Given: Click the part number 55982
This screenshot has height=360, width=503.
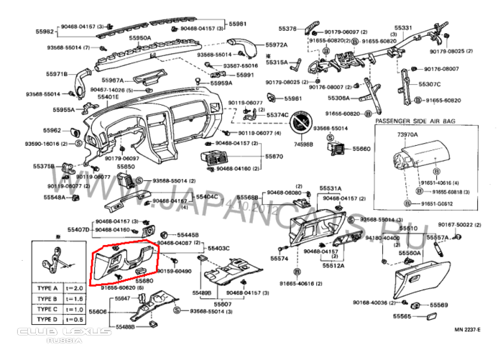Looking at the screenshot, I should pos(45,32).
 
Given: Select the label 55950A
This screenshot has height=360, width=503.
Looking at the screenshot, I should pos(139,37).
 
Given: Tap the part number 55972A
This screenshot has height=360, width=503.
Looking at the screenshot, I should pos(276,45).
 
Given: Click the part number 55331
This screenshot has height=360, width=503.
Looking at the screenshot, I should pos(403,27).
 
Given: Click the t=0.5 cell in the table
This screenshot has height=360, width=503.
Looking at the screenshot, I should pos(74,318).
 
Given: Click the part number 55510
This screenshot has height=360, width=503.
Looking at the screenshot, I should pos(408,229).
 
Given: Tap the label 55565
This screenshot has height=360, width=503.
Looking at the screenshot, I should pos(402,316).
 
